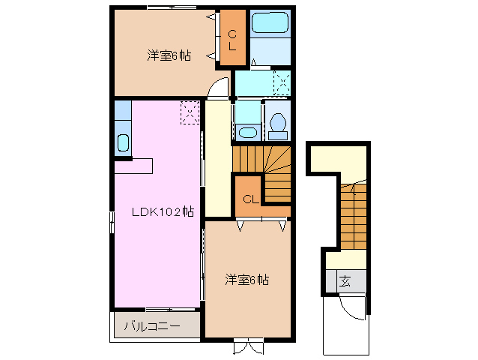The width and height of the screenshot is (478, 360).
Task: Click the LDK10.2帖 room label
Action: (163, 211)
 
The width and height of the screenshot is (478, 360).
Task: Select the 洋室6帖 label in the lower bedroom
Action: (247, 280)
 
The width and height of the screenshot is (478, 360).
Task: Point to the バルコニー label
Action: (151, 326)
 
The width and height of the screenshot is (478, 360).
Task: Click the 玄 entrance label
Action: (345, 282)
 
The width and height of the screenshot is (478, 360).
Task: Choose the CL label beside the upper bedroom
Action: (232, 38)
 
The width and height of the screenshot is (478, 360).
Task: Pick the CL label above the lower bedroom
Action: (250, 199)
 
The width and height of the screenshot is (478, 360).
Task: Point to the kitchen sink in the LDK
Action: (124, 142)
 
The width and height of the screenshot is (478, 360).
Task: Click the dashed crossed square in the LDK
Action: (190, 113)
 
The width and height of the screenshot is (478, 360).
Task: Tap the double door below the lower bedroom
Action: (248, 346)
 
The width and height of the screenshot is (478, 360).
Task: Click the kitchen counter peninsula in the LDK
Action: (133, 165)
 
